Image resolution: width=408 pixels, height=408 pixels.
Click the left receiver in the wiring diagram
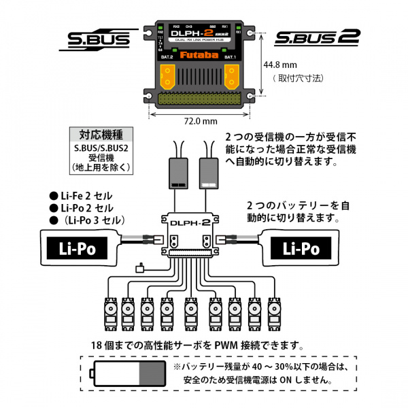[180, 173]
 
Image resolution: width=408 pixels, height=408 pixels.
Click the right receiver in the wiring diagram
[209, 173]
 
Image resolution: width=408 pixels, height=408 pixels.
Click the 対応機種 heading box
[104, 133]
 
